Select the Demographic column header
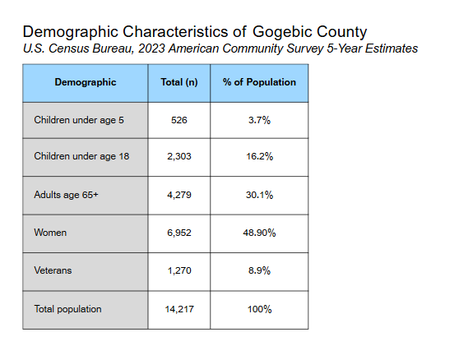pos(86,82)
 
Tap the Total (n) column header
pos(179,82)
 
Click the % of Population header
pos(259,82)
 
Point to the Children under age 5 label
pos(79,120)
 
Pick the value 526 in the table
pos(179,120)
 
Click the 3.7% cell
pos(259,120)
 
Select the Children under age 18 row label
pos(81,156)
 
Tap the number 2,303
pos(179,156)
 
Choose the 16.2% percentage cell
pos(259,156)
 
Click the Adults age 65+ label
pos(66,195)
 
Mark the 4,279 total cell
pos(179,195)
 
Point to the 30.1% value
pos(259,195)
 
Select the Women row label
pos(50,233)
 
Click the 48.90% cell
pos(259,233)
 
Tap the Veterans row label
pos(53,270)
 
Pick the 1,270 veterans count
pos(179,270)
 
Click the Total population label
pos(67,309)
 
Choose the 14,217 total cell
pos(179,309)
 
